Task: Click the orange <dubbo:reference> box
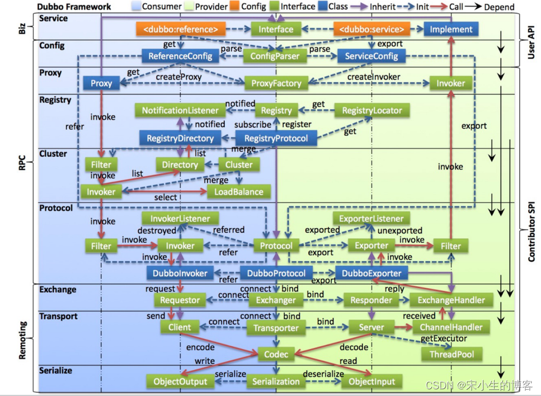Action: pos(181,29)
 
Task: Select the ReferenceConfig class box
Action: pos(180,56)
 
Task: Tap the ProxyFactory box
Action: pos(276,83)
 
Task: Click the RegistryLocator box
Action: pos(372,110)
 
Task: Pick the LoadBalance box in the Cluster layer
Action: pos(239,191)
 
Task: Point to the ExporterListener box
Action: pos(371,218)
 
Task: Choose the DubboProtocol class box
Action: pos(276,273)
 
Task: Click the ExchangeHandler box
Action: pos(451,300)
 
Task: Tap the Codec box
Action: pos(276,354)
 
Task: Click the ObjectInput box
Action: pos(372,381)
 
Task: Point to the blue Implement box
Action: pos(451,29)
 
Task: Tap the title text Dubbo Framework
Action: pos(74,7)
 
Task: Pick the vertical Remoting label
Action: pos(22,338)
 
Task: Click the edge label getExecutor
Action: pos(444,340)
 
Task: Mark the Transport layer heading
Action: pos(58,317)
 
